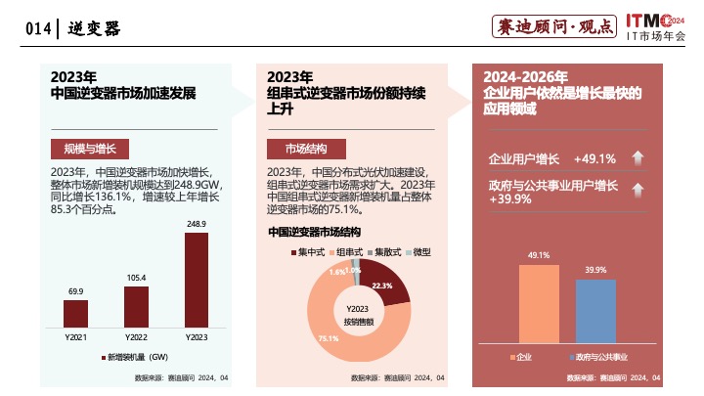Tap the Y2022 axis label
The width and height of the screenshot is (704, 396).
click(136, 337)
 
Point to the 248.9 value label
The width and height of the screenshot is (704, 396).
click(197, 224)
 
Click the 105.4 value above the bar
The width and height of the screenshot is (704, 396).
click(136, 278)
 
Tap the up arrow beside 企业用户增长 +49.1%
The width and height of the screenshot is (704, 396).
click(636, 158)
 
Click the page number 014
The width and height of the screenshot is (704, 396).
click(38, 29)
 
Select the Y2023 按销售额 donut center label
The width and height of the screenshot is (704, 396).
click(357, 315)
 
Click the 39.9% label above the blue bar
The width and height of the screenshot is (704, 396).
click(595, 269)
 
